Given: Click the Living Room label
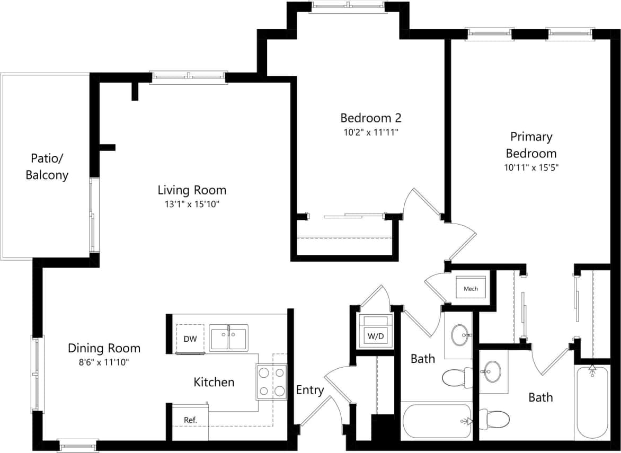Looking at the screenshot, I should pos(192,190).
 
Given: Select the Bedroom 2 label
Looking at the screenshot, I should pos(367,118).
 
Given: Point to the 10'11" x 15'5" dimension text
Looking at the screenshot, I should pos(531,167).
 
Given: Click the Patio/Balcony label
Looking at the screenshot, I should pos(47,166).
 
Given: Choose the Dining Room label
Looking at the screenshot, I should pos(104,348).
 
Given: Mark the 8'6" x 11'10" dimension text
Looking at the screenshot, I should pos(104,362).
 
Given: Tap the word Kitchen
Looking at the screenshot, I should pos(214,381).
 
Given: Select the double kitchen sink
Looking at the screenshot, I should pos(228,338).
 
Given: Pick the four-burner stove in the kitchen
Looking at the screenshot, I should pos(272,382).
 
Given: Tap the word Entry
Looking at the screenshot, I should pos(309,390).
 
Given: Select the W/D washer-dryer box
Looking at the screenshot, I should pos(376,335).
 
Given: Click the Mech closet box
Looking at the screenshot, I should pos(471,288).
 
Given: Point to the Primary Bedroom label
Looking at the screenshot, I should pos(531,145).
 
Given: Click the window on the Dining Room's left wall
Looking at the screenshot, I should pos(36,374).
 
